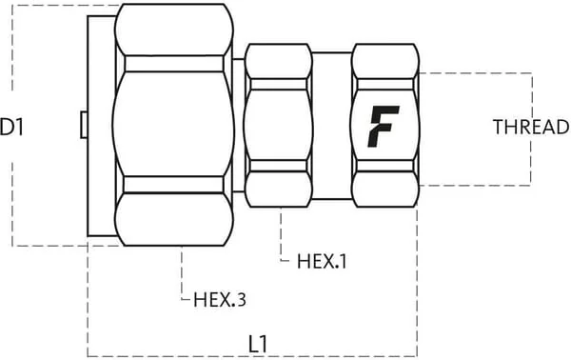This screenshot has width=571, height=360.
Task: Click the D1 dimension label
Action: coord(11,128)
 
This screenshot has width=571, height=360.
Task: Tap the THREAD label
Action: coord(532,128)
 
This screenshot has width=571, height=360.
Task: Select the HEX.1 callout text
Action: coord(322,261)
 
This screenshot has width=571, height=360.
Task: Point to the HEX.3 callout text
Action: coord(220,300)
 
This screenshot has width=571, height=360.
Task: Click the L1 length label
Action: coord(258,344)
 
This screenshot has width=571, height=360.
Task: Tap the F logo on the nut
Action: coord(384,126)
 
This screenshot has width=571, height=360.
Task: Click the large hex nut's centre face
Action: coord(174,124)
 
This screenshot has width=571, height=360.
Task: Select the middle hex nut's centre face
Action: coord(279,126)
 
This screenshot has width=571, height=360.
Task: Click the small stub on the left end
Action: coord(84,125)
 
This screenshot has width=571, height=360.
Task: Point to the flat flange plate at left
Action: coord(101,126)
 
